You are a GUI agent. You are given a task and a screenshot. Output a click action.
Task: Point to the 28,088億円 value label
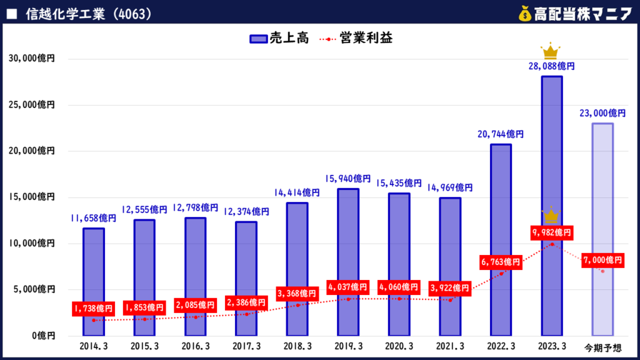[551, 66]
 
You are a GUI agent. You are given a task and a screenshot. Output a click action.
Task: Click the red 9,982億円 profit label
[551, 232]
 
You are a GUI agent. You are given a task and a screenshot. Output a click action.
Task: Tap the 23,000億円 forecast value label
[602, 113]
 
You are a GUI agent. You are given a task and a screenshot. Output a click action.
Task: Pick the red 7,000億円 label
[602, 259]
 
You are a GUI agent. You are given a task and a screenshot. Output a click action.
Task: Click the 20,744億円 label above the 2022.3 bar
[501, 134]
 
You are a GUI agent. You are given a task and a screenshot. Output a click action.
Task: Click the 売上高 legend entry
[279, 39]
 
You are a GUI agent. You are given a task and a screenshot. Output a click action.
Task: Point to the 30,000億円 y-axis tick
[32, 59]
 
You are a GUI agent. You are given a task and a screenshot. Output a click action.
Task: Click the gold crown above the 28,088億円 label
[551, 50]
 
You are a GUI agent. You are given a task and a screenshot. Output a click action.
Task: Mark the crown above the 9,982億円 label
[551, 216]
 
